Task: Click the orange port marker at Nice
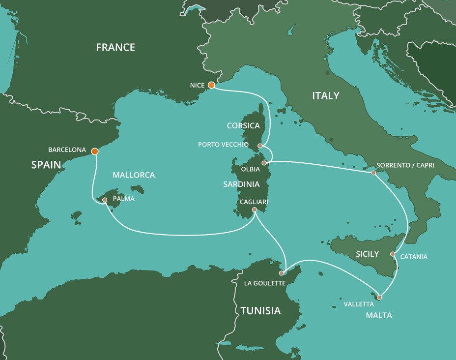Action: [x=211, y=85]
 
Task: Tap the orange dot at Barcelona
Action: [x=95, y=151]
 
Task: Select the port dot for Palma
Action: [x=105, y=200]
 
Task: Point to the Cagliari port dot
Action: [x=255, y=210]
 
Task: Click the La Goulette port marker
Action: [x=282, y=273]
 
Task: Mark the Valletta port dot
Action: [x=379, y=297]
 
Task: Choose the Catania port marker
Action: [x=393, y=254]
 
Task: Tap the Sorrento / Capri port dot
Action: [x=373, y=173]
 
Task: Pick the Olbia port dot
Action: [x=264, y=163]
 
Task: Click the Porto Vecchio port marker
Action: [x=260, y=146]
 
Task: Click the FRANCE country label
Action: [x=115, y=48]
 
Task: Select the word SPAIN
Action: [x=46, y=165]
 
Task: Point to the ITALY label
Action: [x=326, y=96]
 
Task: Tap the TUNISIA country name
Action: [x=260, y=311]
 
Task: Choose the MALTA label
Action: [x=379, y=315]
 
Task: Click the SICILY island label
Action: [x=367, y=254]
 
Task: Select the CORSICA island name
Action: [x=243, y=126]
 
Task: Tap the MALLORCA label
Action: [x=134, y=175]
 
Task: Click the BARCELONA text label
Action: [x=67, y=150]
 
